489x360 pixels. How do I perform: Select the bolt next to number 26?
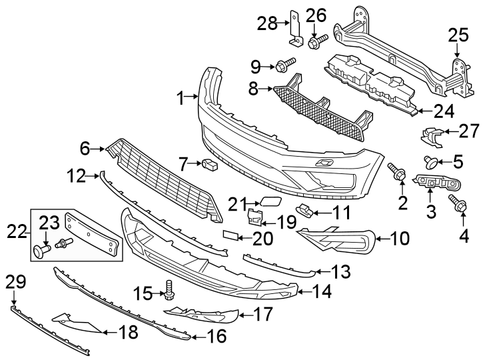pyautogui.click(x=315, y=41)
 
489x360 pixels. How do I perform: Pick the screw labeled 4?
pyautogui.click(x=458, y=205)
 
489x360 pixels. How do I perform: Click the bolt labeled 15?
pyautogui.click(x=171, y=289)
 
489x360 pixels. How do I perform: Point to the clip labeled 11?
pyautogui.click(x=304, y=211)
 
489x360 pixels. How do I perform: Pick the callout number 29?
pyautogui.click(x=13, y=283)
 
